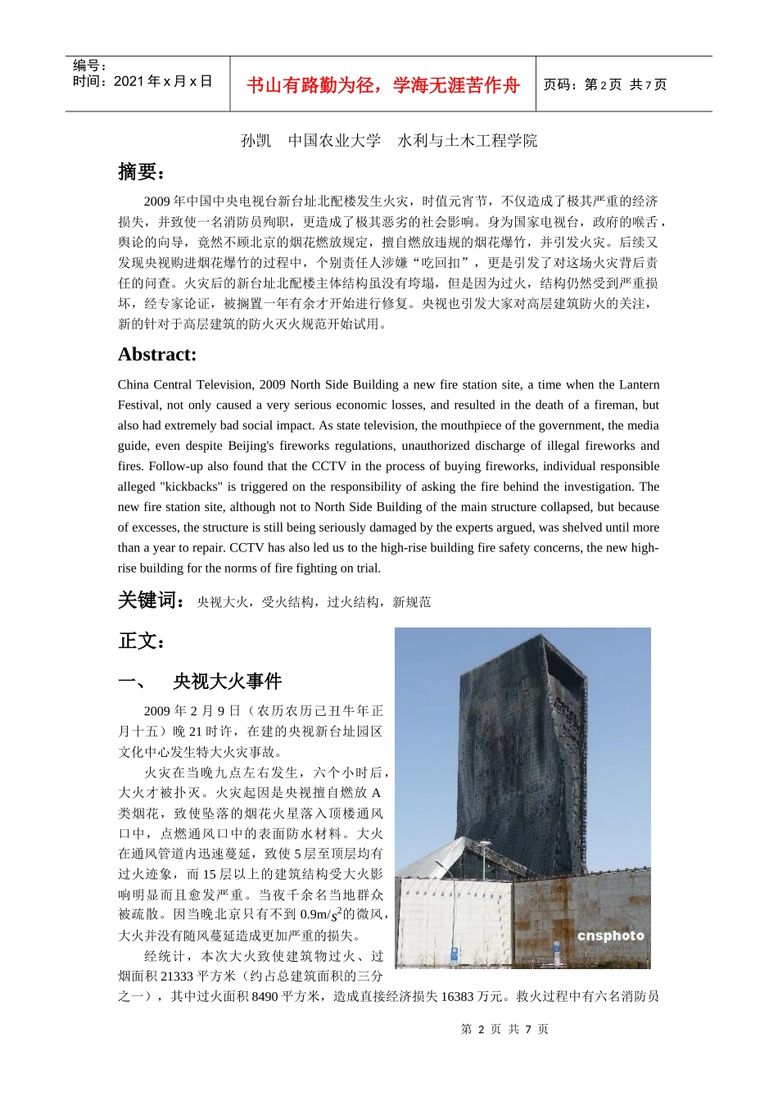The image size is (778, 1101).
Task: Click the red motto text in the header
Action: click(382, 85)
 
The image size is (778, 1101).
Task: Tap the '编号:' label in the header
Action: click(89, 66)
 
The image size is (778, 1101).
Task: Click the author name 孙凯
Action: click(256, 141)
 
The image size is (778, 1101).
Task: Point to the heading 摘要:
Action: click(142, 171)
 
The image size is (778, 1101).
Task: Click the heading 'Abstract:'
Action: click(157, 355)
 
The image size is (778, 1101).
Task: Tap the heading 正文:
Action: click(142, 641)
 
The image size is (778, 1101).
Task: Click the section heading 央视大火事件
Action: click(227, 682)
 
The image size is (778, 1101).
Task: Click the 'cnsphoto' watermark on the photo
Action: click(610, 936)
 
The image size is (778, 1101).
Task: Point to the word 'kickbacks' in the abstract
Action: click(193, 487)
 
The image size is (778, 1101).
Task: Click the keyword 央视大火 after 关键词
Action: click(223, 602)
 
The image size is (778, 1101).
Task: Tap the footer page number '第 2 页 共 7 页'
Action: click(504, 1029)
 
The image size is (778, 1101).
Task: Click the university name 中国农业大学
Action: click(334, 141)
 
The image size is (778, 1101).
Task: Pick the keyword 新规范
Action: click(412, 602)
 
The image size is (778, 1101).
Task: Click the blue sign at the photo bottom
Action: click(455, 954)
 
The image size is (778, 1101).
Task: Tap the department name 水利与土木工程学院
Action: click(468, 141)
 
